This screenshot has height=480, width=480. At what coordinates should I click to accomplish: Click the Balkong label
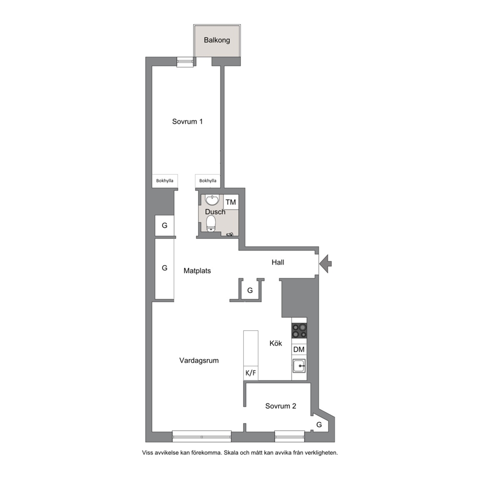click(x=217, y=40)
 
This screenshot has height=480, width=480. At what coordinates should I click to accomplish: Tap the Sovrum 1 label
click(x=187, y=121)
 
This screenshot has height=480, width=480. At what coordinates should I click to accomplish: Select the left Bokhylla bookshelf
click(x=165, y=181)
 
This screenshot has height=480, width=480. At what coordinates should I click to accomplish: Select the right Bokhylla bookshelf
click(x=208, y=181)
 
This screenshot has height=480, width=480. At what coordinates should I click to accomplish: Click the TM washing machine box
click(x=231, y=202)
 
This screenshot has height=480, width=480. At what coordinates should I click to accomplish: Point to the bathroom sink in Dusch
click(x=212, y=200)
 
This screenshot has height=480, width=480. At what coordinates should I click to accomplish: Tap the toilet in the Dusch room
click(x=211, y=224)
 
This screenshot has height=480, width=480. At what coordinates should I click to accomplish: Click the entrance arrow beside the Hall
click(x=325, y=263)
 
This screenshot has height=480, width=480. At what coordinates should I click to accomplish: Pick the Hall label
click(x=278, y=262)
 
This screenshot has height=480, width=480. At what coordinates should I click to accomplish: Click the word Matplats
click(x=197, y=271)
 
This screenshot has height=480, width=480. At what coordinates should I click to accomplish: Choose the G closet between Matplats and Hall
click(x=250, y=290)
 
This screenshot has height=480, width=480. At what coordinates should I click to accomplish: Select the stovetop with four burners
click(x=299, y=330)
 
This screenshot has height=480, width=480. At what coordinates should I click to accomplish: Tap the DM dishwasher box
click(x=299, y=349)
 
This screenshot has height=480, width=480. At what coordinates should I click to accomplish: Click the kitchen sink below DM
click(x=299, y=366)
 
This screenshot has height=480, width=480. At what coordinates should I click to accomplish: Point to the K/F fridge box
click(x=251, y=373)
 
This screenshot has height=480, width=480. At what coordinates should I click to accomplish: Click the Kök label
click(x=276, y=344)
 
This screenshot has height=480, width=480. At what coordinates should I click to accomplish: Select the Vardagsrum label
click(x=199, y=360)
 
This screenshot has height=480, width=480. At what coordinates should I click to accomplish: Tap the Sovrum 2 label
click(x=281, y=406)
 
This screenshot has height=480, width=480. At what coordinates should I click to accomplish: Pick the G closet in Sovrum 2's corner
click(x=319, y=424)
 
